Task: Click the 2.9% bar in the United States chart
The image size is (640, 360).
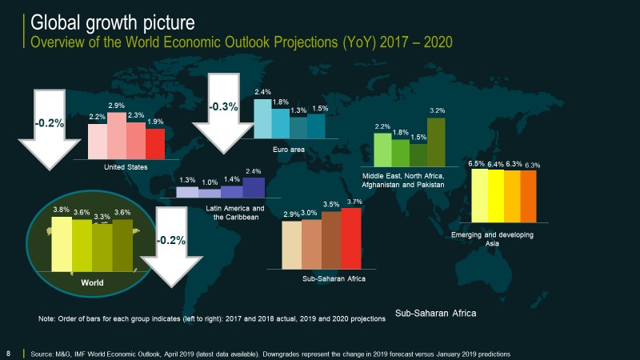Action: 116,136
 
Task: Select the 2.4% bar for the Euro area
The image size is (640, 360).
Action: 262,118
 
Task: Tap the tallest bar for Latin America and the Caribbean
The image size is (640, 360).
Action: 254,187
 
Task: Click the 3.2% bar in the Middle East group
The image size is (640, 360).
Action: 436,142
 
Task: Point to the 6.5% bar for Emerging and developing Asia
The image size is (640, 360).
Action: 479,195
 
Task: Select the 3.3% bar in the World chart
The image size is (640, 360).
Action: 102,248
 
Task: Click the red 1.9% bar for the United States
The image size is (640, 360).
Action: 155,144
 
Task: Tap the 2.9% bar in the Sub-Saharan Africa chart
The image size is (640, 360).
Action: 292,245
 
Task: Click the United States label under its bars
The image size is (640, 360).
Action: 126,167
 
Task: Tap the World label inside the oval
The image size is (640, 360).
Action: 92,282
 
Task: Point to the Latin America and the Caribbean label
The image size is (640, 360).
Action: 235,213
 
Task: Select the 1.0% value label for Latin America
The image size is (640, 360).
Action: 210,182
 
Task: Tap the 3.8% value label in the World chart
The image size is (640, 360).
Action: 61,210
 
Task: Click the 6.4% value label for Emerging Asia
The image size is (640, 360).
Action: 496,164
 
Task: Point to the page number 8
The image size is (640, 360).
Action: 9,353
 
